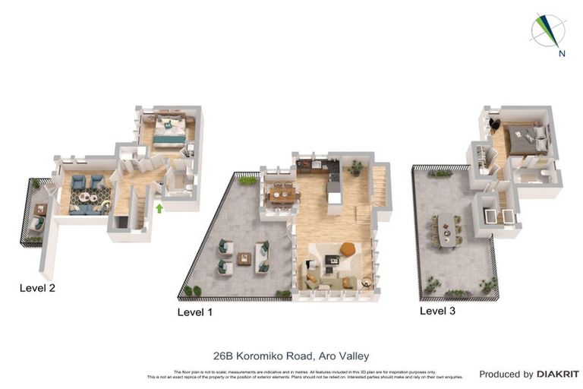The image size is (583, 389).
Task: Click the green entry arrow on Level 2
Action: [x=159, y=207]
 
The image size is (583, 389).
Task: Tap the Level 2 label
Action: [x=37, y=288]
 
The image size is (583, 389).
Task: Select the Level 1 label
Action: [x=195, y=312]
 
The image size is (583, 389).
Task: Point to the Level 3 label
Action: [x=438, y=311]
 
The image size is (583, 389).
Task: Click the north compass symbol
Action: [x=550, y=33]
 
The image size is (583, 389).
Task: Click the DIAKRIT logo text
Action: [x=557, y=374]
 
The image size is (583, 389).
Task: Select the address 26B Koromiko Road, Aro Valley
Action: [x=291, y=355]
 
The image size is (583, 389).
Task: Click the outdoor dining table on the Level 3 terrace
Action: [x=446, y=230]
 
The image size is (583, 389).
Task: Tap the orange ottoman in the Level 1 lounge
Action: [x=348, y=248]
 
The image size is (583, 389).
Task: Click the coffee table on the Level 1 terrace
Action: [x=244, y=258]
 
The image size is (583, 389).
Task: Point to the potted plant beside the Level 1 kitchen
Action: [x=355, y=168]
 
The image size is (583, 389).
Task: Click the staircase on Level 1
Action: [x=379, y=185]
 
